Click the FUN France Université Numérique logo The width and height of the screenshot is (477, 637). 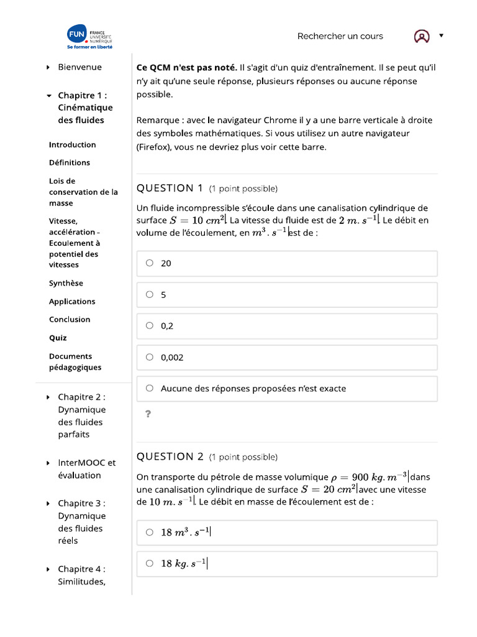click(90, 37)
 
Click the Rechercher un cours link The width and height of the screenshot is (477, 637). click(340, 36)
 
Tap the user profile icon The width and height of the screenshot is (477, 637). click(422, 37)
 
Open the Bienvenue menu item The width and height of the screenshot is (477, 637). click(79, 67)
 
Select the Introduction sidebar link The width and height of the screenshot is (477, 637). click(72, 145)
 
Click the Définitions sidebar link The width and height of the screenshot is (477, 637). click(70, 163)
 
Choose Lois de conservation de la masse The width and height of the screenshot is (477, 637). click(83, 192)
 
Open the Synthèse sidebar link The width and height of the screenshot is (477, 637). click(66, 284)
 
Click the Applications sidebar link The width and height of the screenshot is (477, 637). click(72, 302)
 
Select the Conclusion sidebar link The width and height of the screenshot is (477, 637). click(70, 320)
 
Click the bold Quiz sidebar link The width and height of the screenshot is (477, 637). click(58, 338)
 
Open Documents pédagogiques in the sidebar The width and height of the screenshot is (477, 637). click(75, 362)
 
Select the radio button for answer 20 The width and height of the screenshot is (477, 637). click(150, 263)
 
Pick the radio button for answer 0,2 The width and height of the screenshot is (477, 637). click(150, 325)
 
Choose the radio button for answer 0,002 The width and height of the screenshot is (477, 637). click(150, 357)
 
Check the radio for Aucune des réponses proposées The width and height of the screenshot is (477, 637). click(150, 388)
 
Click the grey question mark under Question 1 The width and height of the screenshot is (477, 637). click(148, 414)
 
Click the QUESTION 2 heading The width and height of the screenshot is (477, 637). click(170, 457)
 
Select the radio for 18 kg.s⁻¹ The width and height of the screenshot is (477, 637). click(150, 564)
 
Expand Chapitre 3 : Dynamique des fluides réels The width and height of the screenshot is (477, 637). click(81, 522)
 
